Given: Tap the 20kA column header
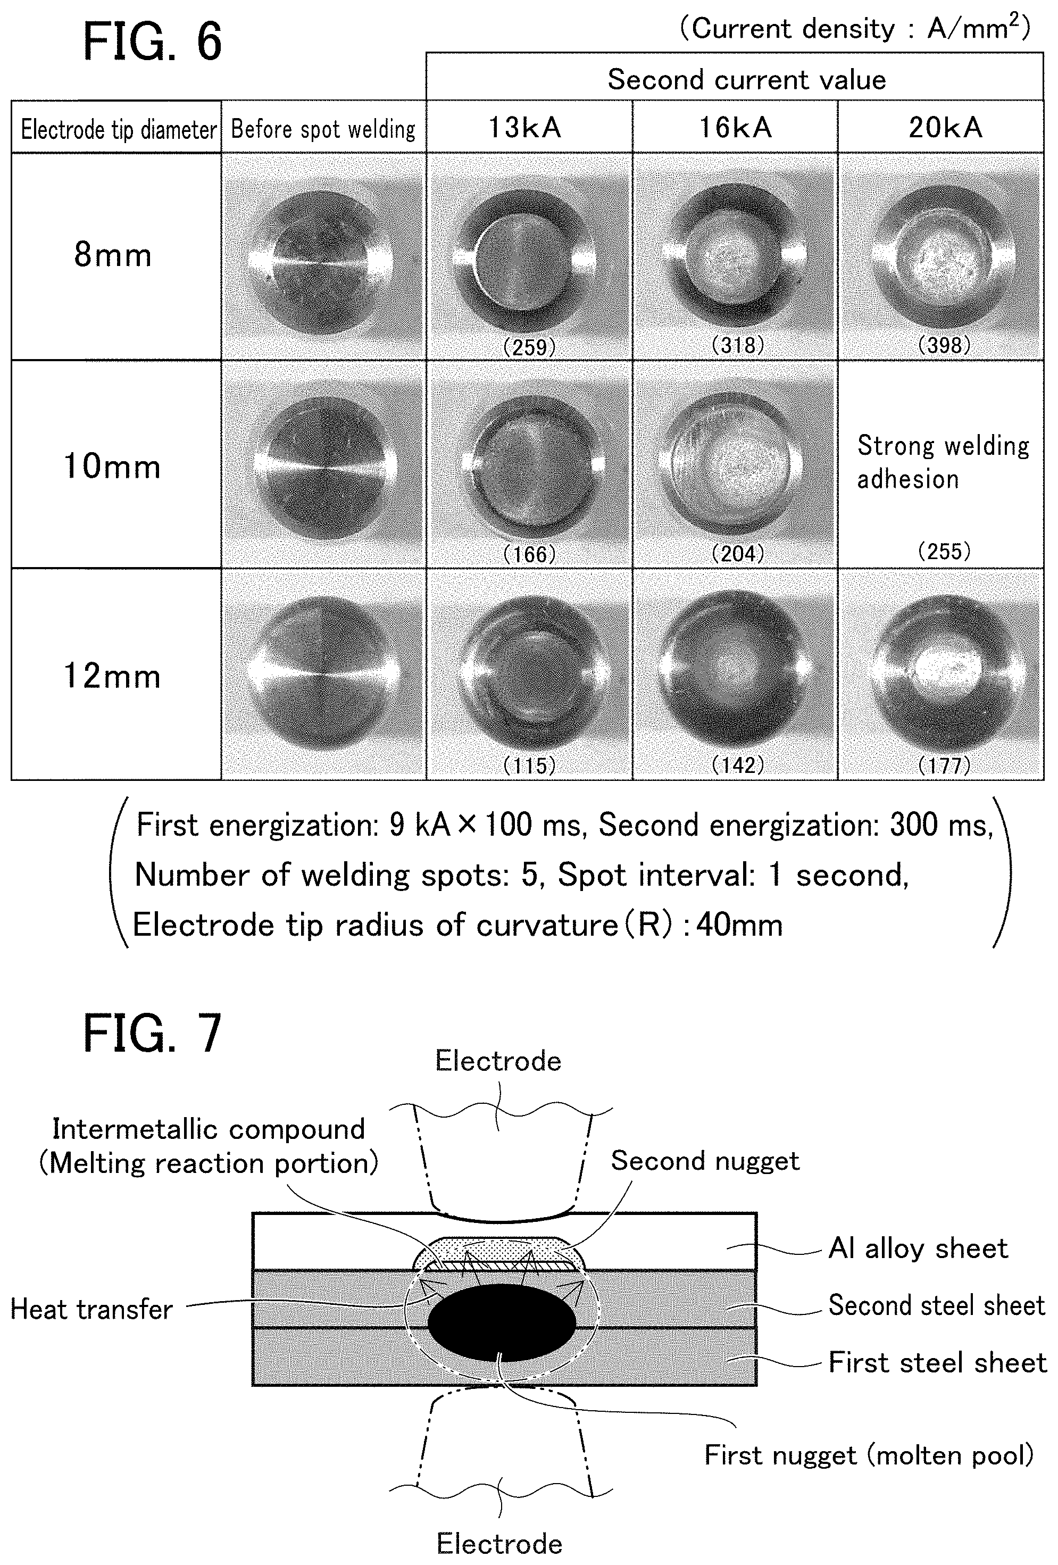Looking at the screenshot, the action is (x=945, y=127).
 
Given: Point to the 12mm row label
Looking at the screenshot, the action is (x=112, y=676).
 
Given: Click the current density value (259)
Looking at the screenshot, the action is (x=529, y=347).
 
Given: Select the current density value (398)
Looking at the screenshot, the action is (x=944, y=345).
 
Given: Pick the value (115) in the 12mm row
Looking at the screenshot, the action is (x=529, y=765).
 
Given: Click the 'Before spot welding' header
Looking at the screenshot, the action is (x=323, y=129).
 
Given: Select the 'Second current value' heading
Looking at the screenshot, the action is (x=746, y=79).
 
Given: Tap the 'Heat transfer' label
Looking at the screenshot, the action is (x=91, y=1309).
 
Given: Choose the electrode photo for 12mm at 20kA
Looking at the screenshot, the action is (x=941, y=673).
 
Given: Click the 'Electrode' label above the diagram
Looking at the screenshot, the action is (x=498, y=1061).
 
